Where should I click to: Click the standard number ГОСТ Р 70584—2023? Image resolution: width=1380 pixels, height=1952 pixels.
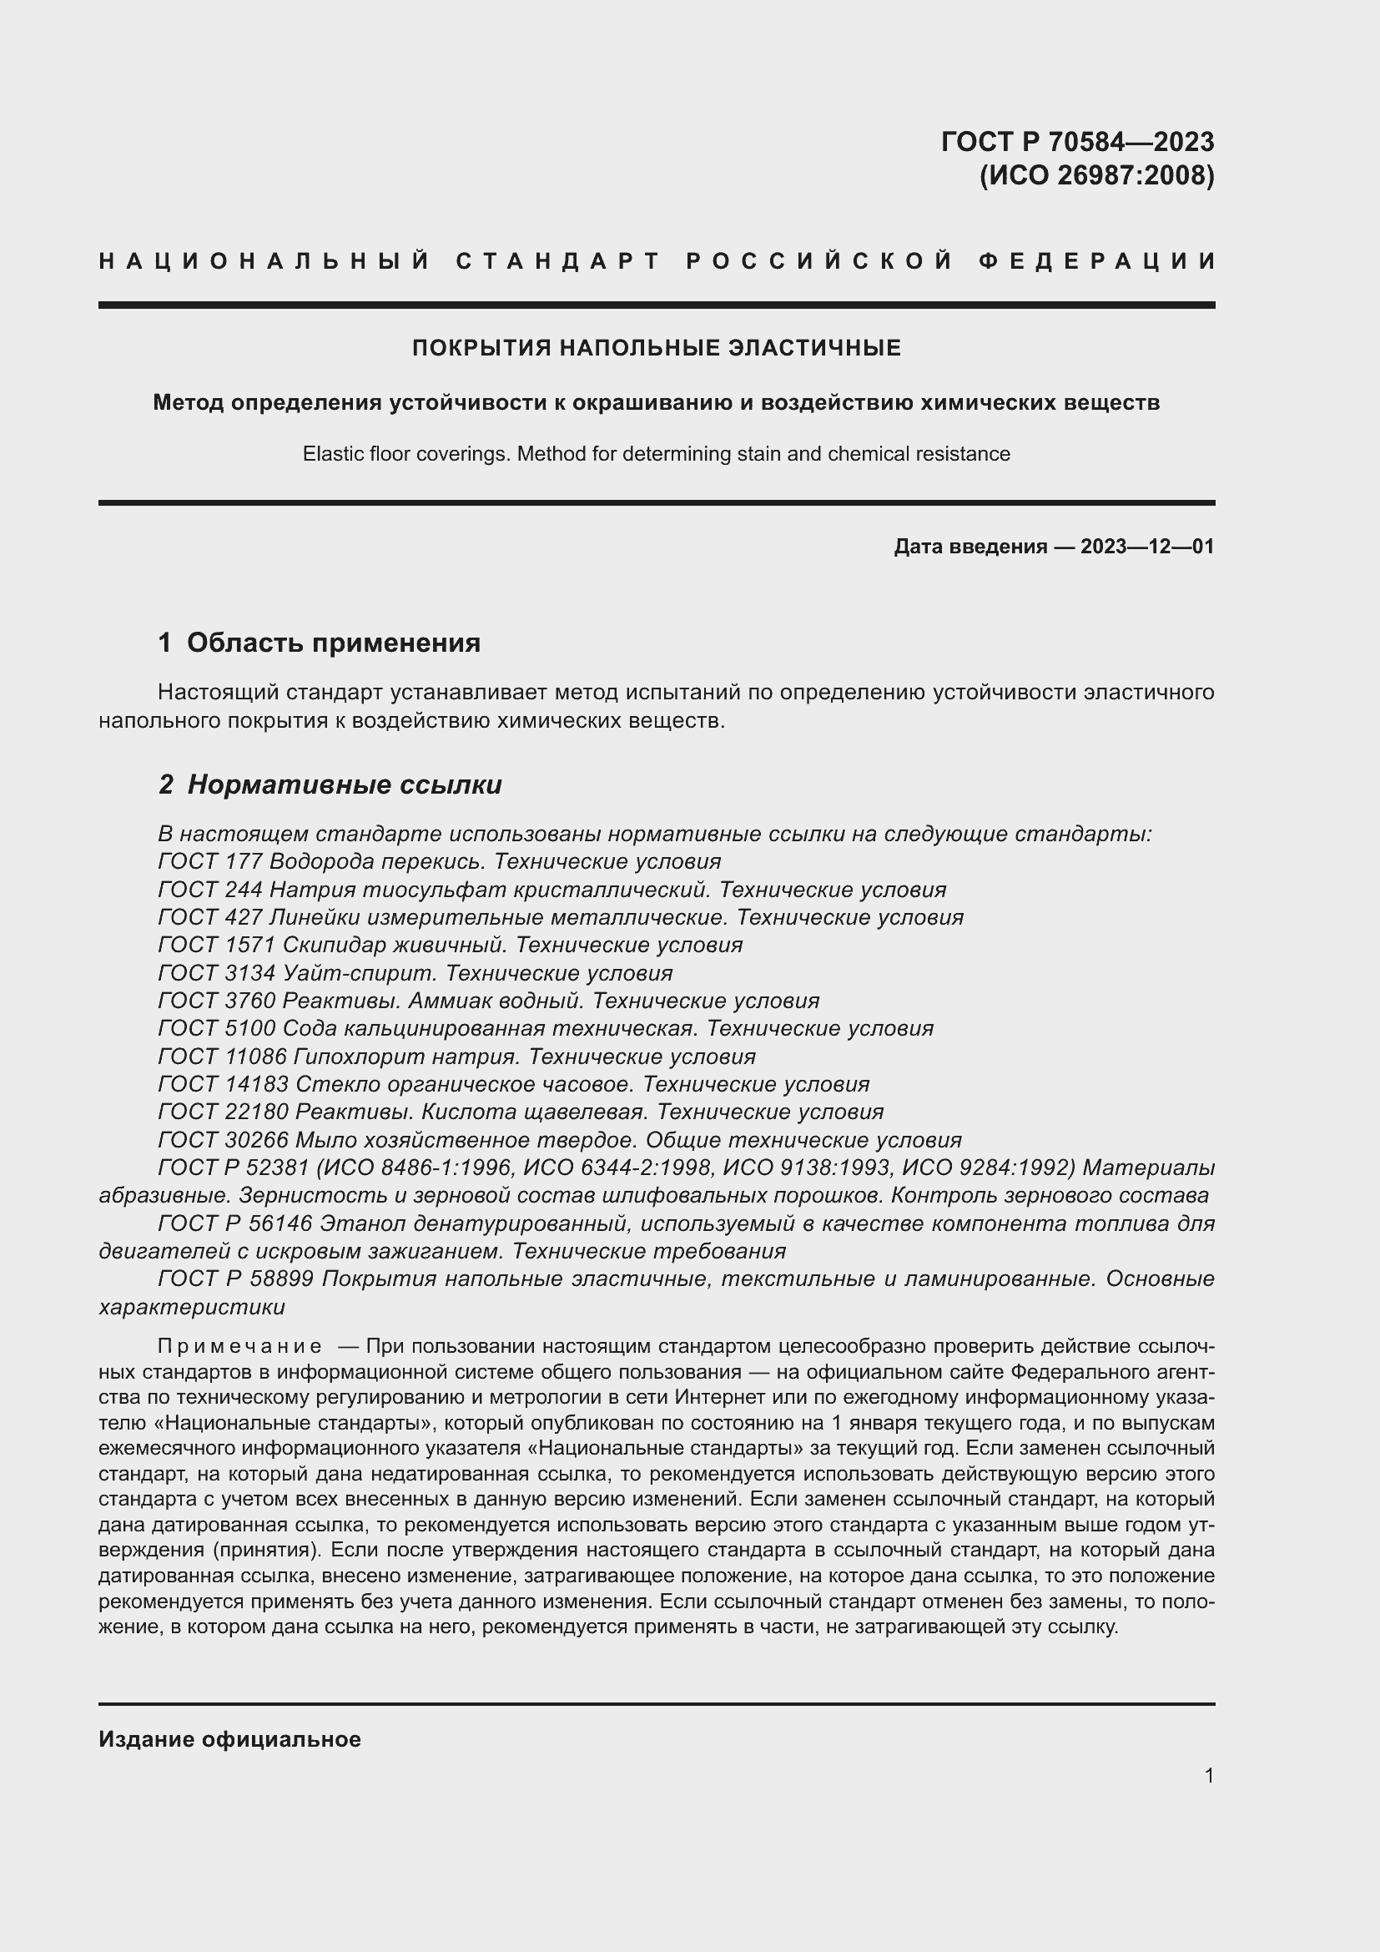(x=1076, y=141)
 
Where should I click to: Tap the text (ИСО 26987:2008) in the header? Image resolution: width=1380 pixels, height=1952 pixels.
(x=1096, y=175)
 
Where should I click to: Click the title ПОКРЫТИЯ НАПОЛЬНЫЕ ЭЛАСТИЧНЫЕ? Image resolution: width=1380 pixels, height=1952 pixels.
(x=656, y=348)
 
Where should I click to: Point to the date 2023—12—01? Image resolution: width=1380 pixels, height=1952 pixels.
(x=1146, y=547)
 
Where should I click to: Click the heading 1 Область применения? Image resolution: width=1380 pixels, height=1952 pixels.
(x=320, y=643)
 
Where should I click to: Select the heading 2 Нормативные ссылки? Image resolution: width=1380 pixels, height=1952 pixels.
(x=330, y=784)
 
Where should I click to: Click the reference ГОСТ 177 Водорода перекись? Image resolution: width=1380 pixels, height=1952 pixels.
(x=321, y=862)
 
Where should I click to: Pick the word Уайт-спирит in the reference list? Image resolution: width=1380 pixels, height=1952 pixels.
(x=357, y=973)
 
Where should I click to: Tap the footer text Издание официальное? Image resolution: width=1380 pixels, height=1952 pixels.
(x=229, y=1739)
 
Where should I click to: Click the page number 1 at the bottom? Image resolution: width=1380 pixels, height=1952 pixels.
(x=1208, y=1776)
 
